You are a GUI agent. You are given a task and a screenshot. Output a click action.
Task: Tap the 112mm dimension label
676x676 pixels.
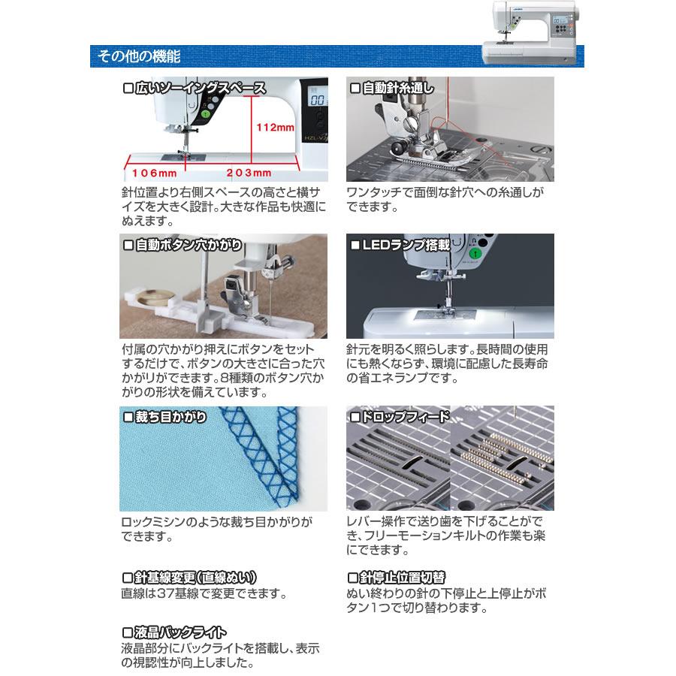tap(276, 128)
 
